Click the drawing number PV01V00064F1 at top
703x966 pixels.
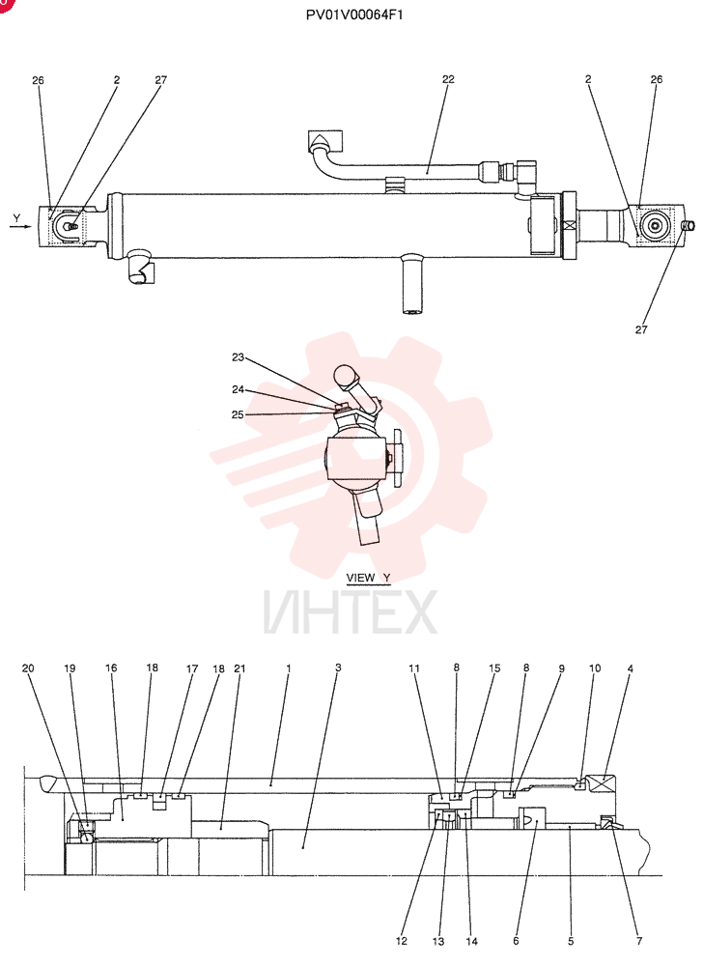(354, 14)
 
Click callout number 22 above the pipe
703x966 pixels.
(448, 79)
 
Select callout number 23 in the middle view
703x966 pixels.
(239, 357)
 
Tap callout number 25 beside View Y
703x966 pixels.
(239, 414)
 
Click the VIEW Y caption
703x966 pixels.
(368, 578)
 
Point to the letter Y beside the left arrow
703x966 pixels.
(16, 218)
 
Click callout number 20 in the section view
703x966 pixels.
(28, 668)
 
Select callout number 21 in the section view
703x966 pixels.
(240, 668)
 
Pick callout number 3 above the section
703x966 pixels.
(338, 668)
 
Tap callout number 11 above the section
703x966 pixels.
(414, 668)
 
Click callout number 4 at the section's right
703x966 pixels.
(631, 668)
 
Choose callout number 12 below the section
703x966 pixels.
(402, 941)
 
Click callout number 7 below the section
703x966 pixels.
(639, 941)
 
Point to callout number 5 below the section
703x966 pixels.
(571, 941)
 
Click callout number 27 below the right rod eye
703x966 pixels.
(641, 329)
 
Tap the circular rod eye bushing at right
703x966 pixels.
(654, 225)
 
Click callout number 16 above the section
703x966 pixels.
(111, 668)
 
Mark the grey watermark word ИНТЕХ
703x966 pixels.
(351, 612)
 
